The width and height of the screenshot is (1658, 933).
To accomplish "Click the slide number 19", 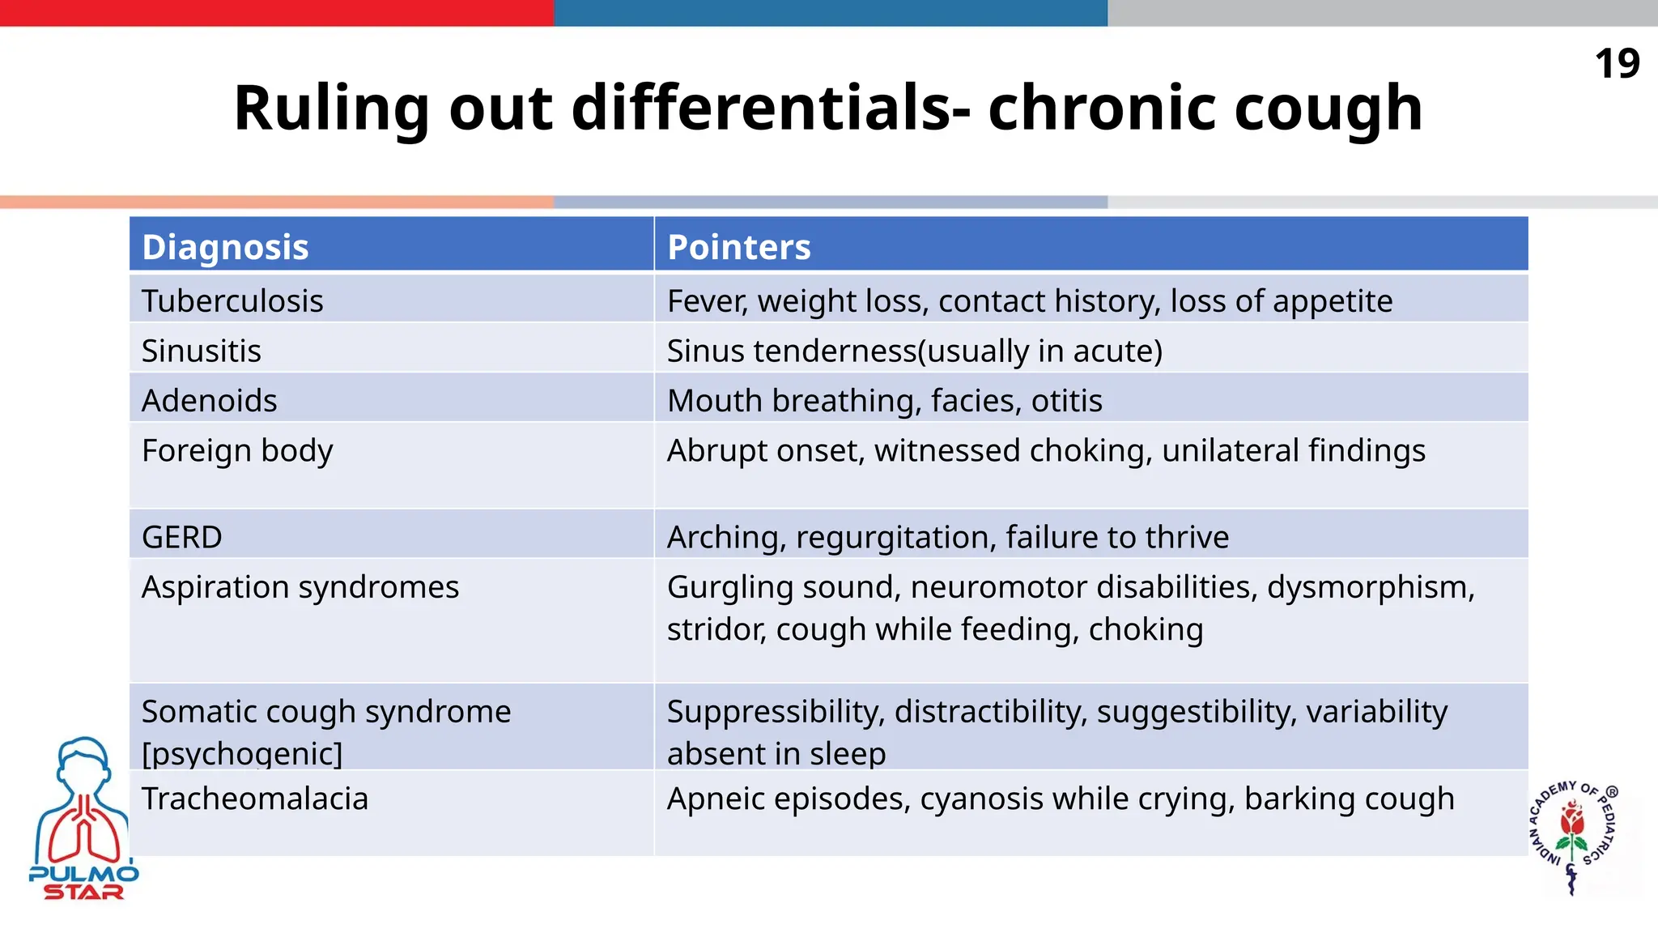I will [x=1617, y=64].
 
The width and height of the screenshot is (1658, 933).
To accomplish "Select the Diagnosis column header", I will [x=225, y=247].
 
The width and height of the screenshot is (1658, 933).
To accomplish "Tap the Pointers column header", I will [x=738, y=247].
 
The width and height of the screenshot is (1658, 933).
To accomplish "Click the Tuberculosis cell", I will [x=232, y=301].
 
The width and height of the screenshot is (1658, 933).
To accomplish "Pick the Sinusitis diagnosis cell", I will [x=201, y=351].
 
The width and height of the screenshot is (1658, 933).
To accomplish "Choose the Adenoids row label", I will [x=209, y=401].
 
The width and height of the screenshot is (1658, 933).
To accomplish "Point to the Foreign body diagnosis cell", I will [x=237, y=451].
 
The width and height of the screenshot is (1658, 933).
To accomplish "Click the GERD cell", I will [x=181, y=538].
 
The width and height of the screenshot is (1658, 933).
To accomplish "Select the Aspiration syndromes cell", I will [x=300, y=587].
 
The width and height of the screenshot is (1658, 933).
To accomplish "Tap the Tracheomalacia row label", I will [x=254, y=799].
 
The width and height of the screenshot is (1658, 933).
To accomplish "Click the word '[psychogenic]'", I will [x=242, y=754].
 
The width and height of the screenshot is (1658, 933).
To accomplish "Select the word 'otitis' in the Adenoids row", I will [x=1066, y=401].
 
